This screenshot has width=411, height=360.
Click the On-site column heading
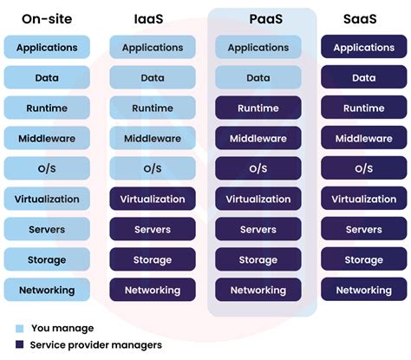pyautogui.click(x=47, y=16)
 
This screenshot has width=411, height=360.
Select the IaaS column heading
pyautogui.click(x=152, y=16)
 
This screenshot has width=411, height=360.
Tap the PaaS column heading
pyautogui.click(x=258, y=16)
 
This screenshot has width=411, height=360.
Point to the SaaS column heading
pyautogui.click(x=363, y=16)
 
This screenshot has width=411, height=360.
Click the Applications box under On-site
pyautogui.click(x=47, y=48)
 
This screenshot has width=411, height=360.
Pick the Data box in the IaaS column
pyautogui.click(x=152, y=78)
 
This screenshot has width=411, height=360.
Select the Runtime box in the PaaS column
pyautogui.click(x=258, y=108)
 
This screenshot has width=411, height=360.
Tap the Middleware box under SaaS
pyautogui.click(x=363, y=139)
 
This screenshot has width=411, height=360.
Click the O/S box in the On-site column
pyautogui.click(x=47, y=169)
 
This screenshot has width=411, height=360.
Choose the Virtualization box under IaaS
pyautogui.click(x=152, y=200)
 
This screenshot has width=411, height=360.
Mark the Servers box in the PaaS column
pyautogui.click(x=258, y=230)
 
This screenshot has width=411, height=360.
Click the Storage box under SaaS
pyautogui.click(x=363, y=260)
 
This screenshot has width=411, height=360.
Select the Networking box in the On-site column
pyautogui.click(x=47, y=291)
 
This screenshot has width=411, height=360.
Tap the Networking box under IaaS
pyautogui.click(x=152, y=291)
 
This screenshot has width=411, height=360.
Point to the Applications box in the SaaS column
pyautogui.click(x=363, y=48)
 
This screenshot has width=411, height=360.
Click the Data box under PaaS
pyautogui.click(x=258, y=78)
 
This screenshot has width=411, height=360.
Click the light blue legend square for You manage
pyautogui.click(x=20, y=329)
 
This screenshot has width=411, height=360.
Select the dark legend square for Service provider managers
pyautogui.click(x=20, y=345)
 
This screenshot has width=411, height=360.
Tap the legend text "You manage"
pyautogui.click(x=62, y=329)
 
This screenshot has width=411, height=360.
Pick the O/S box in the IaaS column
pyautogui.click(x=152, y=169)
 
